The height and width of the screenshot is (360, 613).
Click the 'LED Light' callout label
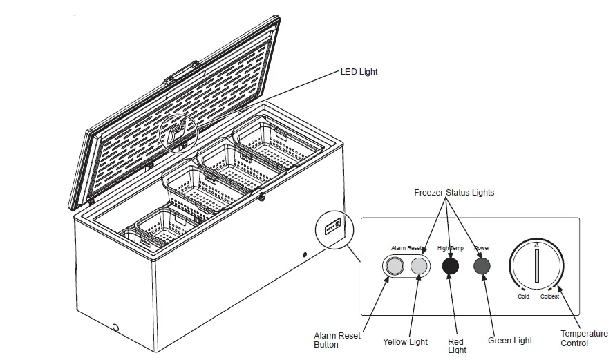(359, 72)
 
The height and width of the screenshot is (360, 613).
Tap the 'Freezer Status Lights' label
(454, 193)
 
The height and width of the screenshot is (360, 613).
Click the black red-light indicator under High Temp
(451, 266)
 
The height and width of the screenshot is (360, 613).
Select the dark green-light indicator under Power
(482, 266)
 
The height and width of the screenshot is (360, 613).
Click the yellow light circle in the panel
(419, 266)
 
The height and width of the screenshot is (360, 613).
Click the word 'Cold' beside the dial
(524, 296)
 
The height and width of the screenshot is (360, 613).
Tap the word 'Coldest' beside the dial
(550, 296)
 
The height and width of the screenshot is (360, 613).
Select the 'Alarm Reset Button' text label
(337, 340)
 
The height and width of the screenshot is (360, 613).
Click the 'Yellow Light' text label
(405, 341)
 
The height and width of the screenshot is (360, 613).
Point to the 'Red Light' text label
(457, 345)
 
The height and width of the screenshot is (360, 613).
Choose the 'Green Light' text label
(510, 340)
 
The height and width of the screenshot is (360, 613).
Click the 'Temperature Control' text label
(584, 339)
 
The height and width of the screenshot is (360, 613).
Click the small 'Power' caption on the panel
(482, 247)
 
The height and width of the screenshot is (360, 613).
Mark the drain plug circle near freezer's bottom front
(115, 328)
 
